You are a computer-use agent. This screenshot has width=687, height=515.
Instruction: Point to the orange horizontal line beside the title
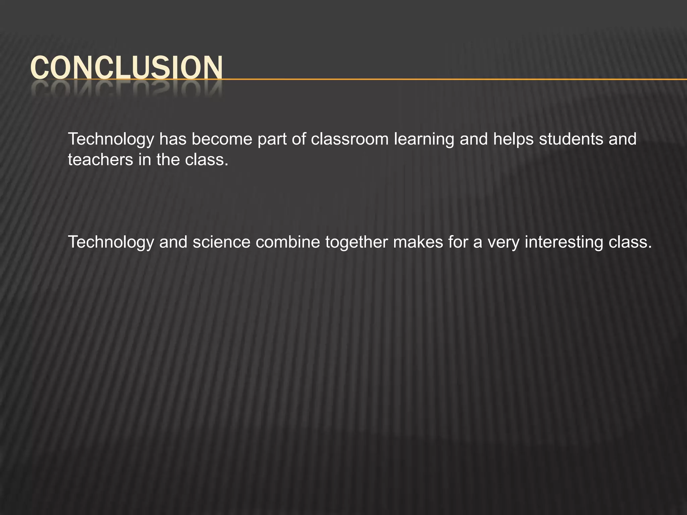453,79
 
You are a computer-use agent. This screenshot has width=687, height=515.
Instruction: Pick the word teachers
100,160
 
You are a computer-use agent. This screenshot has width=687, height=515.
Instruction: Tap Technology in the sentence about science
111,243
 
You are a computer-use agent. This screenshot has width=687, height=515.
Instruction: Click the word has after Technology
172,139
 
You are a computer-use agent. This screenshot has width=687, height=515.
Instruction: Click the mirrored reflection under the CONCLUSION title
126,89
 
